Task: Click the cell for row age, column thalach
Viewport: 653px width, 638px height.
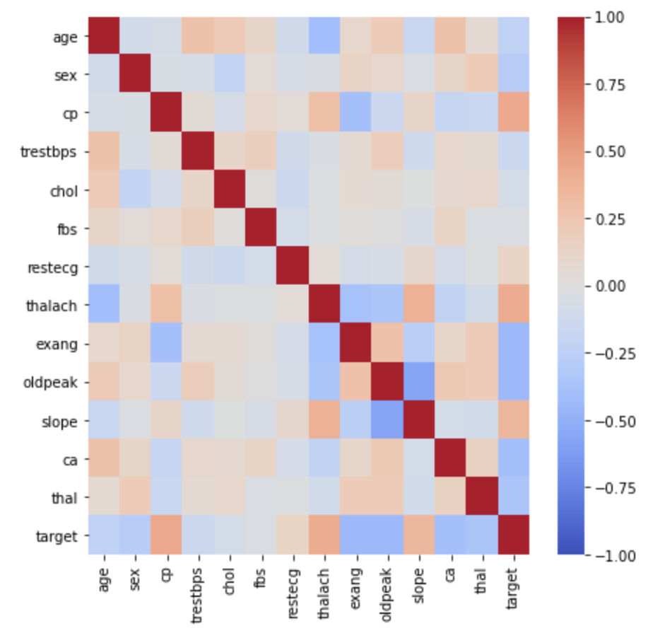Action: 326,36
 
